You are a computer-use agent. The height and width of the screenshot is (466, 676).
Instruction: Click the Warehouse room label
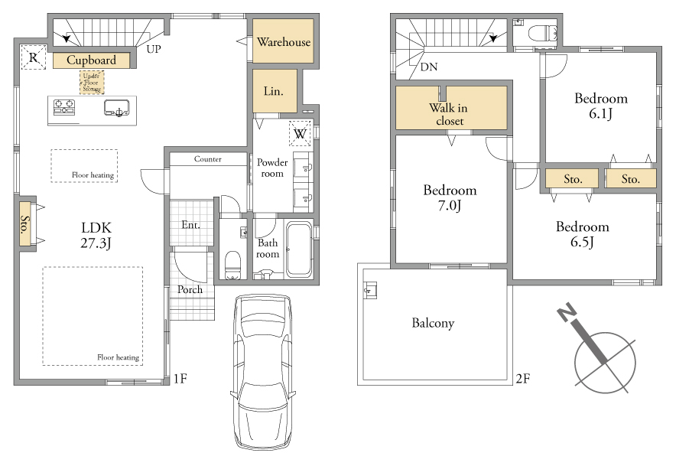point(283,42)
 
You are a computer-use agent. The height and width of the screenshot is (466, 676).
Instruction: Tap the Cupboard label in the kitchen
point(91,60)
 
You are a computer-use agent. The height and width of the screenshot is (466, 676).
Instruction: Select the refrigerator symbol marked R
point(34,57)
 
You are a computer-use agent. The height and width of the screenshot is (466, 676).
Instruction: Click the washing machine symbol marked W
point(300,133)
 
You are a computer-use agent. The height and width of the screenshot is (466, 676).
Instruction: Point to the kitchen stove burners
point(64,107)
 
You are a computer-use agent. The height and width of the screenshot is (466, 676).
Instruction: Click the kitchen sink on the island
point(116,108)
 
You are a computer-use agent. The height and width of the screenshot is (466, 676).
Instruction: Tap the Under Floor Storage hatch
point(92,83)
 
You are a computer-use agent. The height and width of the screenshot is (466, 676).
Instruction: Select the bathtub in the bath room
point(299,249)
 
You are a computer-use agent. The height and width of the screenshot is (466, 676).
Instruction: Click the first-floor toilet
point(232,265)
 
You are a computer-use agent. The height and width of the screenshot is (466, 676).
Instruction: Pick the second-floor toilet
point(543,33)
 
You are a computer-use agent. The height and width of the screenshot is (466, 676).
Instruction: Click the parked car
point(262,372)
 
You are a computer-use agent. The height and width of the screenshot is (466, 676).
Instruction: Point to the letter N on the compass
point(567,311)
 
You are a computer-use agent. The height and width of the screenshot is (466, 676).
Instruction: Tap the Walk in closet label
point(449,114)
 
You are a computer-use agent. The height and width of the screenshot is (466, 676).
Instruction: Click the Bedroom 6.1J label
point(601,106)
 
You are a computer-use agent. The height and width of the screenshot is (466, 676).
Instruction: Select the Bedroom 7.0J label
point(450,197)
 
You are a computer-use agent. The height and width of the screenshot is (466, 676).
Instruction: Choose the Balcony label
point(433,323)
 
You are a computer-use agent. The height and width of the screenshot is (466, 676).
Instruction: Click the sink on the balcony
point(369,290)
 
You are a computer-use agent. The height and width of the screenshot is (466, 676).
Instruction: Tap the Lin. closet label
point(273,91)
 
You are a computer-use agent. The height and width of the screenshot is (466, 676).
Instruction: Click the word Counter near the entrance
point(208,159)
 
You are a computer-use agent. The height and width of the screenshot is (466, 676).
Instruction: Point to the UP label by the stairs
point(154,49)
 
